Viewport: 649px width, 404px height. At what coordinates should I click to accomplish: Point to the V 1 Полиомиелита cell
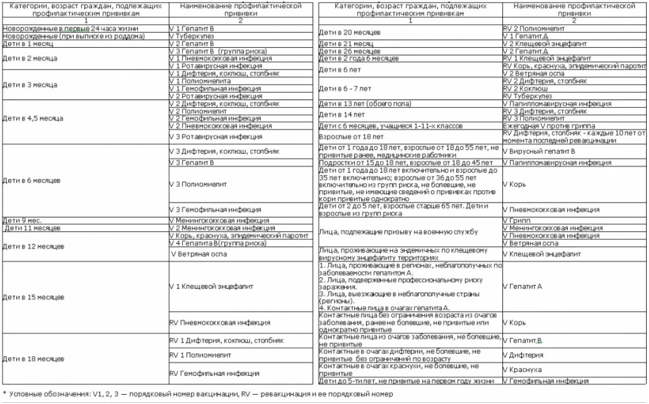click(200, 81)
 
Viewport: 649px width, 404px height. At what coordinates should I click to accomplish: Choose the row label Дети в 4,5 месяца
click(33, 119)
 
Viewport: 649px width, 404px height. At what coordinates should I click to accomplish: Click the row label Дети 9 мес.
click(22, 220)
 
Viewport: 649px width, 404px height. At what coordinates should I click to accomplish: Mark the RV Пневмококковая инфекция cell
click(220, 322)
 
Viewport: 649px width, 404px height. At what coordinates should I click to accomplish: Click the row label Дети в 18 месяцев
click(34, 359)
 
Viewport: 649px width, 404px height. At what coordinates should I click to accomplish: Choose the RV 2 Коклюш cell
click(525, 89)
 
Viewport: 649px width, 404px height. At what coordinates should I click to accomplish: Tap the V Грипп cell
click(517, 220)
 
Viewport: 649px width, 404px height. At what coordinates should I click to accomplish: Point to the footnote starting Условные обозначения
click(198, 394)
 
